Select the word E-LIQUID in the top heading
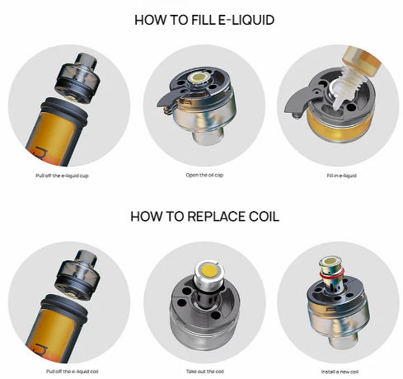click(242, 19)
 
